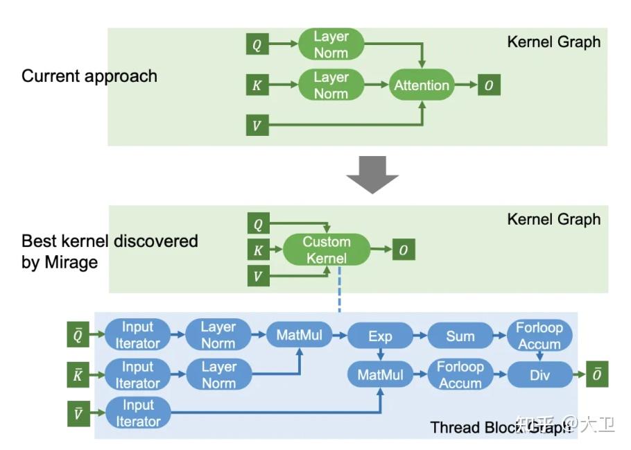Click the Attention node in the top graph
pyautogui.click(x=422, y=85)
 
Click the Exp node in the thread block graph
pyautogui.click(x=380, y=336)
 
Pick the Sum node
pyautogui.click(x=460, y=336)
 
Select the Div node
pyautogui.click(x=540, y=375)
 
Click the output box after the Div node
pyautogui.click(x=596, y=375)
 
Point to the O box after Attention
pyautogui.click(x=489, y=85)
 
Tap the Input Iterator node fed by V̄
pyautogui.click(x=137, y=413)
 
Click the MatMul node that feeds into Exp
pyautogui.click(x=300, y=336)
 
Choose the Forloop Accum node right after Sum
pyautogui.click(x=539, y=336)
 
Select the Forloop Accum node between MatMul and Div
pyautogui.click(x=460, y=375)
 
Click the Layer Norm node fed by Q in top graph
pyautogui.click(x=331, y=44)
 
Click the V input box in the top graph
pyautogui.click(x=257, y=126)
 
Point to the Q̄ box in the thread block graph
pyautogui.click(x=78, y=336)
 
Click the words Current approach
pyautogui.click(x=89, y=76)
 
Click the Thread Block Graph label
pyautogui.click(x=499, y=427)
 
